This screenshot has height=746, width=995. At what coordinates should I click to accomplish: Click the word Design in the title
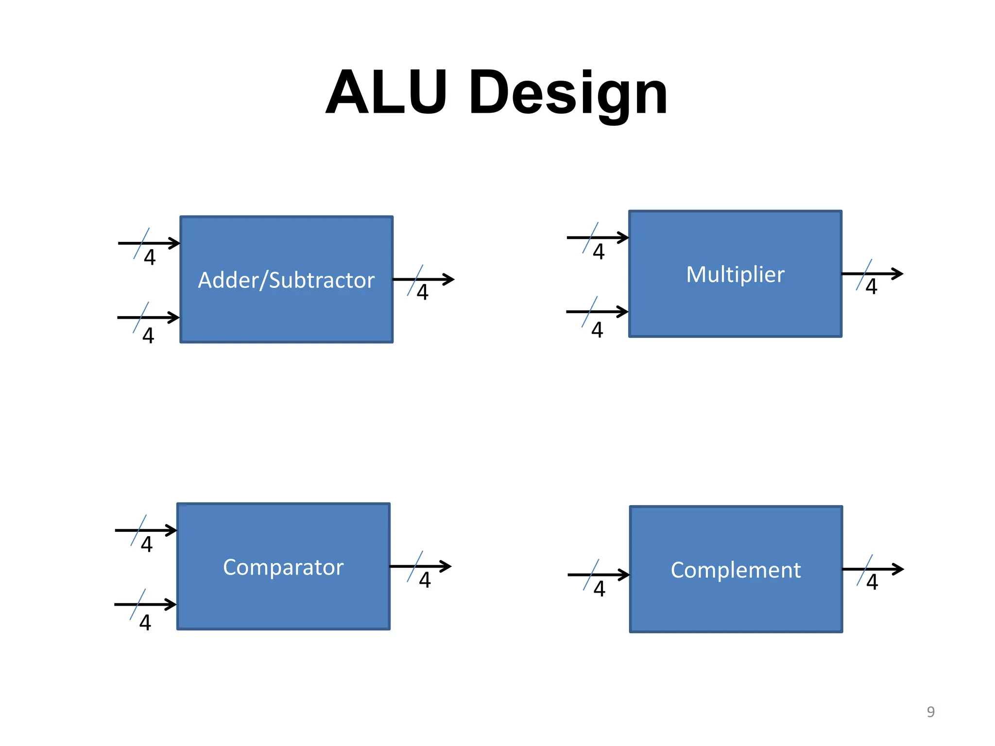point(568,93)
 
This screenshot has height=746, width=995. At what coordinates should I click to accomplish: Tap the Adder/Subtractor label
point(286,280)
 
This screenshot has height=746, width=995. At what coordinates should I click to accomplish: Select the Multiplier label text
point(735,274)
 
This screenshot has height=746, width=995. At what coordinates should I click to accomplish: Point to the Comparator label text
point(283,567)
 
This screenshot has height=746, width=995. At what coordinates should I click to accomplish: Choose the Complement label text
point(736,570)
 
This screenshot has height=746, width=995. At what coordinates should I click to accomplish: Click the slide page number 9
point(930,712)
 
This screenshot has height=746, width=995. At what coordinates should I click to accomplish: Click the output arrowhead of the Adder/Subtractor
point(449,279)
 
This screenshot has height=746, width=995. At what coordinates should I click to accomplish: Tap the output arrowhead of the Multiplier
point(898,274)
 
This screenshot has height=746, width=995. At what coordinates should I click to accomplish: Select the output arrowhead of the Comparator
point(446,566)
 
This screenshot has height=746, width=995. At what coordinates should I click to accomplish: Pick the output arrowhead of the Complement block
point(899,569)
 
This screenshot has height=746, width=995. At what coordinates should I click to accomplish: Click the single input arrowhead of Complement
point(624,575)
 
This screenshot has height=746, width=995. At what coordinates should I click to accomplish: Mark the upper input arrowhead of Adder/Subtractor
point(175,243)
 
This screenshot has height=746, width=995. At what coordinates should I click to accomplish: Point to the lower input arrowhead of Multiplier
point(623,312)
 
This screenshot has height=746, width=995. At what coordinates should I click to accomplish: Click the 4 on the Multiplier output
point(872,287)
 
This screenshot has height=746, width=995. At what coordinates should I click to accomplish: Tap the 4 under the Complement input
point(600,589)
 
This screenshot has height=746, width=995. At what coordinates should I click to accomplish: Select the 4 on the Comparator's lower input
point(145,623)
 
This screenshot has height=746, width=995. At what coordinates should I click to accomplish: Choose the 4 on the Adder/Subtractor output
point(423,292)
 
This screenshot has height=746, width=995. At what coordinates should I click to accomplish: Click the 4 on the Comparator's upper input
point(147,544)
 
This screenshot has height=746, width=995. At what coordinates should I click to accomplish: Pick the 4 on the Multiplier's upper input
point(599,252)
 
